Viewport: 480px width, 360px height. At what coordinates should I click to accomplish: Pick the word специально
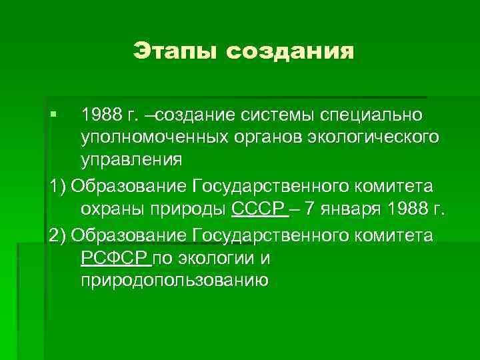point(377,115)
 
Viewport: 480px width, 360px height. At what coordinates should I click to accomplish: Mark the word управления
point(131,161)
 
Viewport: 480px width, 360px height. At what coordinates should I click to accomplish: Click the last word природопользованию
point(175,281)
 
